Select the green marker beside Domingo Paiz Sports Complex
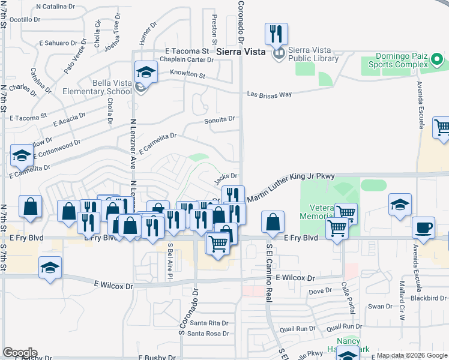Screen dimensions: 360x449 pyautogui.click(x=437, y=60)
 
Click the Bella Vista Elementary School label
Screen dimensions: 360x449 pyautogui.click(x=103, y=87)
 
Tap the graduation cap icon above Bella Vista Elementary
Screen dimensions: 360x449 pyautogui.click(x=145, y=73)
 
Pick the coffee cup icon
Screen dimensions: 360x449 pyautogui.click(x=424, y=228)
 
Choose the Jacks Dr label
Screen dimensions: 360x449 pyautogui.click(x=226, y=176)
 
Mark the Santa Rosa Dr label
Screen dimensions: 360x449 pyautogui.click(x=208, y=333)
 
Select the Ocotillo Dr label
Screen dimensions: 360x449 pyautogui.click(x=24, y=19)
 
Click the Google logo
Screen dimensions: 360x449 pyautogui.click(x=19, y=353)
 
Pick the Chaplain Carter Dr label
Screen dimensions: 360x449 pyautogui.click(x=186, y=59)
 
